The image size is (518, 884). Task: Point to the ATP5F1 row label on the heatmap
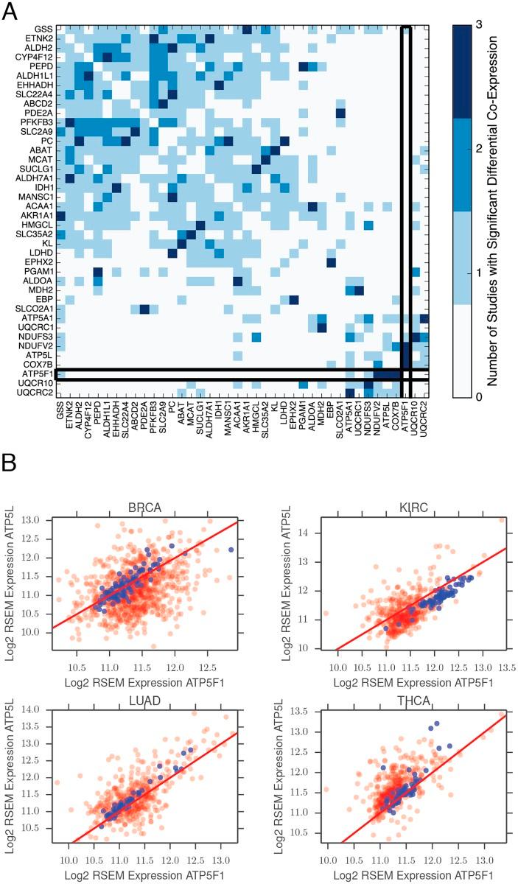38,374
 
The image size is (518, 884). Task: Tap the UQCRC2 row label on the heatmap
38,393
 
